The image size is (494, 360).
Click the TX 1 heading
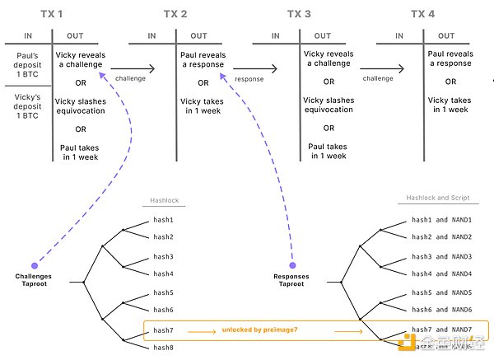(x=51, y=14)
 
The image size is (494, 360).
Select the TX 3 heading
(x=299, y=14)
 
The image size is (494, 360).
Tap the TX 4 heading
(x=422, y=14)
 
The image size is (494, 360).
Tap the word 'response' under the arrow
(x=249, y=80)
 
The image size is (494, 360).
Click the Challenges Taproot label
(x=33, y=281)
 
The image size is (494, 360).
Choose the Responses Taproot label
(x=292, y=281)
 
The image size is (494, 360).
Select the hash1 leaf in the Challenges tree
(x=164, y=221)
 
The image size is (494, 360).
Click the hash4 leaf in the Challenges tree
(x=164, y=274)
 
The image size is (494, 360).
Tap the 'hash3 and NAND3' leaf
(x=441, y=257)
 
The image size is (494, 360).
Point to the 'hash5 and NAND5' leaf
(x=441, y=292)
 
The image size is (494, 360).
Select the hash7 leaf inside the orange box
(x=164, y=330)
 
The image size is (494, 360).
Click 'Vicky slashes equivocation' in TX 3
(x=329, y=104)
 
